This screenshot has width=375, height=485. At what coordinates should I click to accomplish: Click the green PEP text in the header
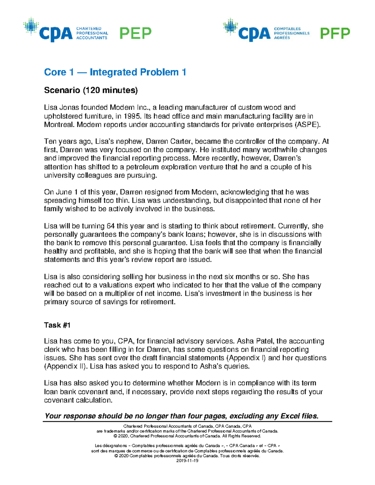pyautogui.click(x=135, y=33)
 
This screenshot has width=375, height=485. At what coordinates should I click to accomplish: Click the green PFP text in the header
pyautogui.click(x=335, y=33)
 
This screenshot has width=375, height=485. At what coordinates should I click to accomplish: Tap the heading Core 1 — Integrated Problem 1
pyautogui.click(x=115, y=72)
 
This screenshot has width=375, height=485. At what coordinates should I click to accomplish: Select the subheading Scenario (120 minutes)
pyautogui.click(x=91, y=90)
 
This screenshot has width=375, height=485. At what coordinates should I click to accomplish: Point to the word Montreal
pyautogui.click(x=59, y=125)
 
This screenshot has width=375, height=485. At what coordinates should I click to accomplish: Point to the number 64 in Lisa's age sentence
pyautogui.click(x=111, y=226)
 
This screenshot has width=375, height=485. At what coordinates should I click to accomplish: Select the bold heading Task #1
pyautogui.click(x=57, y=325)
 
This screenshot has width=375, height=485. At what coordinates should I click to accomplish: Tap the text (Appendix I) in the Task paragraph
pyautogui.click(x=246, y=358)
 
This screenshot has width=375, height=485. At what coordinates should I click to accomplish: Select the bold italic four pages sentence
pyautogui.click(x=181, y=416)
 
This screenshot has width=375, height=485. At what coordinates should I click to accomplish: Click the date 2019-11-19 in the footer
pyautogui.click(x=187, y=461)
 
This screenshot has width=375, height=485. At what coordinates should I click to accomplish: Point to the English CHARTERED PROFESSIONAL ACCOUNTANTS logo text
pyautogui.click(x=92, y=33)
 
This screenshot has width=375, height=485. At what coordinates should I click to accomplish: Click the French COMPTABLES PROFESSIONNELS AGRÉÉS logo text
pyautogui.click(x=291, y=33)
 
